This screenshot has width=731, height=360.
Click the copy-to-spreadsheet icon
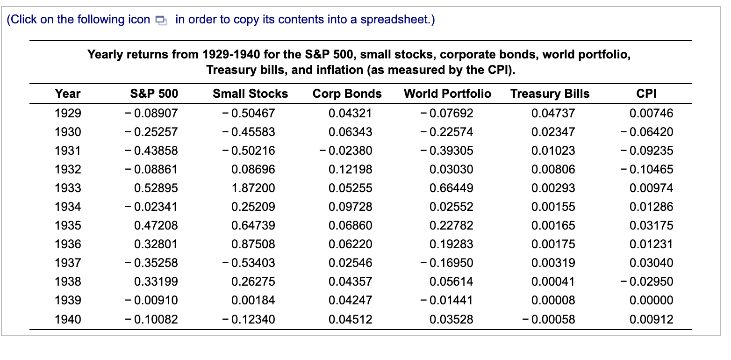[161, 20]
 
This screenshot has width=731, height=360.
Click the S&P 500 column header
[154, 94]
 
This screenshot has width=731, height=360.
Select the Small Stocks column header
[250, 94]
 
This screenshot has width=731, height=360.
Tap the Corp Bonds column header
[347, 94]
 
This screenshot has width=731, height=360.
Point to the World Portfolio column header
[447, 94]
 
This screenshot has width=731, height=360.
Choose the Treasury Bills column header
[550, 94]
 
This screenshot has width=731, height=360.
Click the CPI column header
[646, 94]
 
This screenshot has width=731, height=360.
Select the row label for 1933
[68, 188]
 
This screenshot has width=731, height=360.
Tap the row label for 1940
[68, 320]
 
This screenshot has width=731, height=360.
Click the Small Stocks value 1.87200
[253, 188]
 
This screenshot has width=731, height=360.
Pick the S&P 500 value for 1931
[151, 151]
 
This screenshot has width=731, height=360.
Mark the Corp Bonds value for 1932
[350, 170]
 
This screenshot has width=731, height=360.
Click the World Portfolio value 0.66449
[451, 188]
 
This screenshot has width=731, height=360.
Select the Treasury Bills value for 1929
[553, 114]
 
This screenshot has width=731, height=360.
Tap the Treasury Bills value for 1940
[550, 320]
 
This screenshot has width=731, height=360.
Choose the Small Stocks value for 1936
[253, 245]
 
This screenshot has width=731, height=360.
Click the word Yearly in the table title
[105, 55]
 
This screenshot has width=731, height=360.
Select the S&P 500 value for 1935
[156, 226]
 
